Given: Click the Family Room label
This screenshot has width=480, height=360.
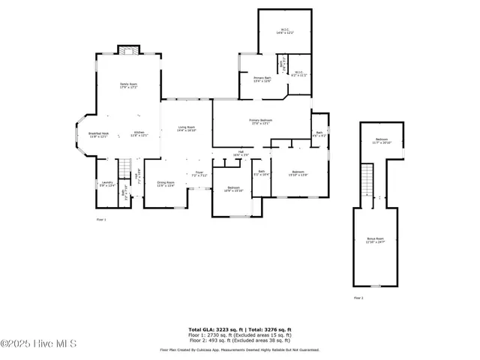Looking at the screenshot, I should tap(130, 85).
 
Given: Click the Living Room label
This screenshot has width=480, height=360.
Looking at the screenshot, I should tap(186, 128).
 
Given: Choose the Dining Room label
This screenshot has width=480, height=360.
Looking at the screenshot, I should tap(166, 184).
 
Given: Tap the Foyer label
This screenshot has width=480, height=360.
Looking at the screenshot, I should tap(199, 174).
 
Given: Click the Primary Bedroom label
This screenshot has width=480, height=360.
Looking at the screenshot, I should tap(260, 121).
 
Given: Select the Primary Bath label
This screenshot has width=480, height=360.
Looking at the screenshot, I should tap(262, 79).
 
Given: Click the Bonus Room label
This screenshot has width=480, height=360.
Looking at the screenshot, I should tap(374, 241).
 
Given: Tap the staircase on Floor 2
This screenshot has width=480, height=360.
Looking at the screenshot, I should tap(367, 182).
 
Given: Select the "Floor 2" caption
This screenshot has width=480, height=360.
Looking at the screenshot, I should tap(358, 298).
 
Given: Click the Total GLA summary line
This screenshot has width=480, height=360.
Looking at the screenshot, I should tap(239, 328).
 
